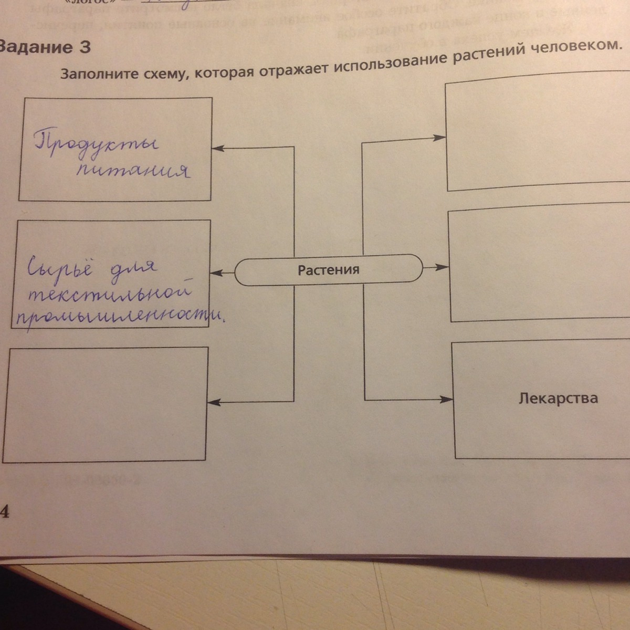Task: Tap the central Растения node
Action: tap(328, 270)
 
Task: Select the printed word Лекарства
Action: tap(558, 398)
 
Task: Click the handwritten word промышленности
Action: tap(118, 316)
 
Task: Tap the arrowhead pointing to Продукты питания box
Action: tap(217, 149)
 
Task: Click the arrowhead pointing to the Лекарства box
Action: tap(447, 400)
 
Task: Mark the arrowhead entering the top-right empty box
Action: tap(440, 138)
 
